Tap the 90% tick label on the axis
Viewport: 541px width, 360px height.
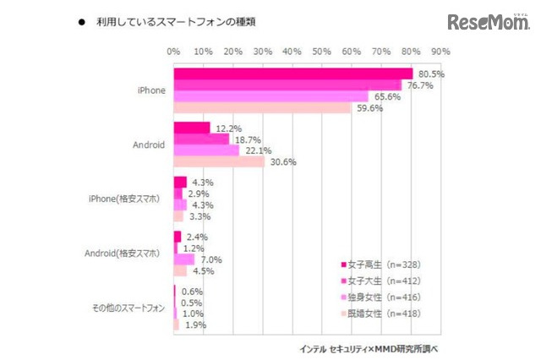(x=440, y=52)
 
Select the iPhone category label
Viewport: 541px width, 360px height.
(x=152, y=90)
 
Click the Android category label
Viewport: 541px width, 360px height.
(x=149, y=145)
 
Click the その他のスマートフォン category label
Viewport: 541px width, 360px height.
(x=128, y=307)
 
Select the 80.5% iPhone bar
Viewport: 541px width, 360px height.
(x=292, y=74)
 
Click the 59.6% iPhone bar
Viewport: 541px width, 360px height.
(x=262, y=107)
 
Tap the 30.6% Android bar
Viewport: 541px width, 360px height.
(x=219, y=161)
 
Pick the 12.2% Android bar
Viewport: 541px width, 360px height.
(x=192, y=128)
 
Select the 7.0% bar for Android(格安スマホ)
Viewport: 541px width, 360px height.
(x=184, y=259)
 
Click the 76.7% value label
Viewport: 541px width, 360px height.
(x=421, y=85)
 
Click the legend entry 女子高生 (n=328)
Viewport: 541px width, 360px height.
(x=380, y=265)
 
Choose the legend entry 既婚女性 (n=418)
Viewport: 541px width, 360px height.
(x=380, y=314)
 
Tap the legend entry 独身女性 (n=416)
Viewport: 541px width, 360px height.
(x=380, y=297)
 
